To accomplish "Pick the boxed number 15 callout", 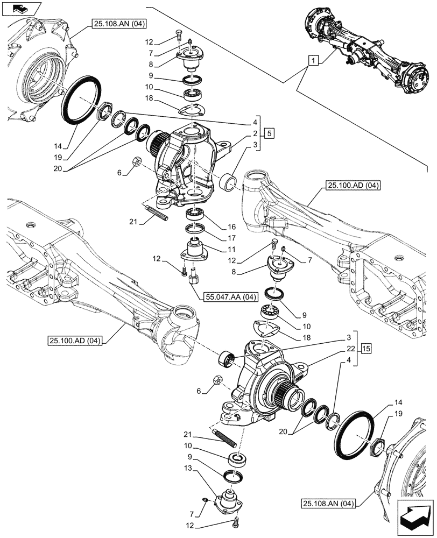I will tap(366, 348).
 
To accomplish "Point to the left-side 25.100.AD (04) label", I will tap(75, 340).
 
